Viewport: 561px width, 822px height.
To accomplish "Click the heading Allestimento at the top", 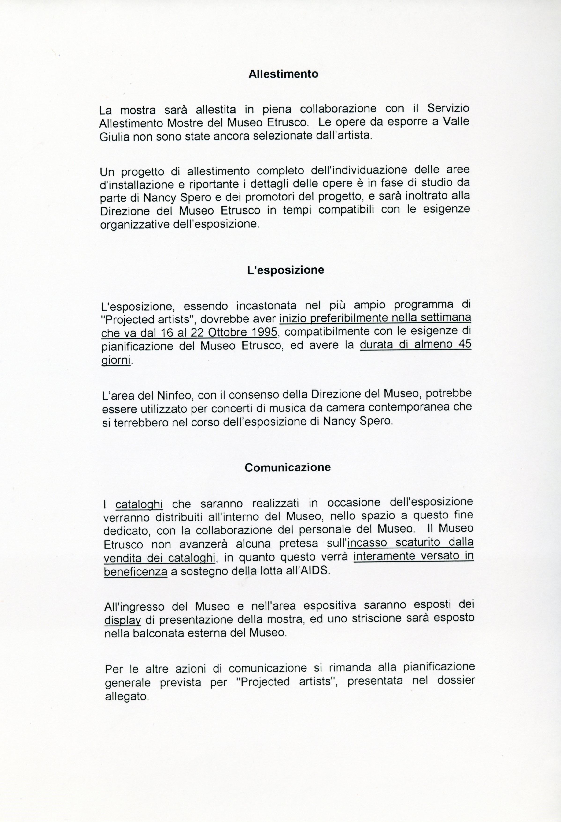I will coord(283,74).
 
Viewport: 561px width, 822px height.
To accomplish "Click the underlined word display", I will coord(123,620).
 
